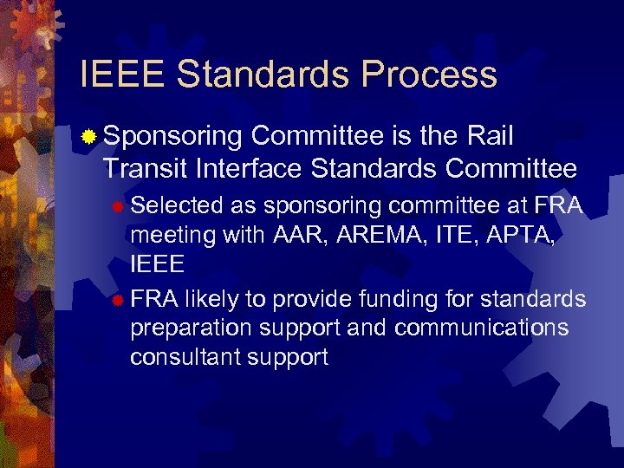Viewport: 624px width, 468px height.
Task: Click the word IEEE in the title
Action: (121, 75)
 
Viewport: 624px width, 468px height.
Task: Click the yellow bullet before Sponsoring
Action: (88, 137)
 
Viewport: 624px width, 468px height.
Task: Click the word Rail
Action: (489, 136)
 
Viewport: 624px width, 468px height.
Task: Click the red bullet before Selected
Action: (119, 206)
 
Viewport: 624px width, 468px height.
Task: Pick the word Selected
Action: (178, 205)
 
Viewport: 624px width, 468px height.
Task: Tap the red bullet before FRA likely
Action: (119, 300)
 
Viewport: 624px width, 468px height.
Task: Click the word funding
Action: (417, 299)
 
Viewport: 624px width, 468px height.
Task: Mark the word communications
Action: (482, 328)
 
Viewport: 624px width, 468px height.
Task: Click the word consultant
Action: (183, 357)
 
